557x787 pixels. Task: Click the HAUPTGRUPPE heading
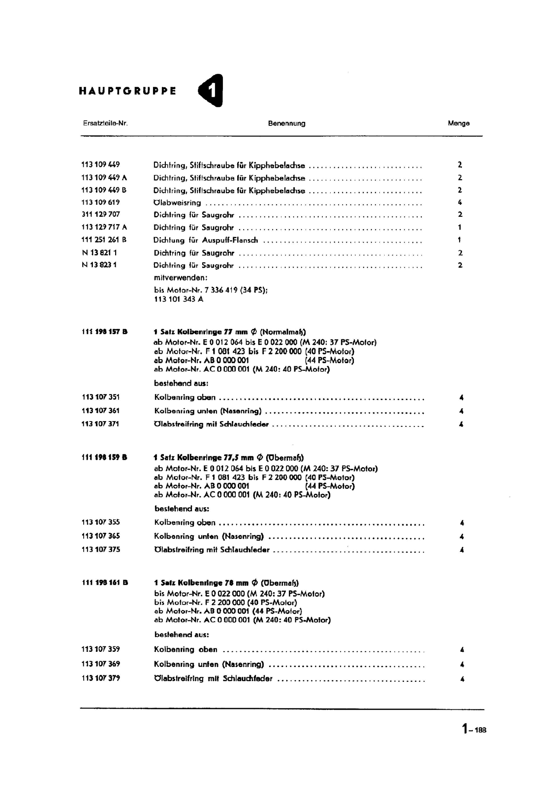[127, 91]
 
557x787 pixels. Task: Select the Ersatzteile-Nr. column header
[105, 123]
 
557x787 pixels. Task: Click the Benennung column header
[286, 123]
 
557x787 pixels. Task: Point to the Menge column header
[459, 123]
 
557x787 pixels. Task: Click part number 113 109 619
[100, 202]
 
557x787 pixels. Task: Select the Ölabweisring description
[177, 203]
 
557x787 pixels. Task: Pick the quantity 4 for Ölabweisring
[460, 202]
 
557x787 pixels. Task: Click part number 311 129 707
[100, 214]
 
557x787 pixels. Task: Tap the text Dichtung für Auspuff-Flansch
[205, 240]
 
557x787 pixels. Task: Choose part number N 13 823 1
[99, 265]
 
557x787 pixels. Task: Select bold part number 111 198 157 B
[104, 332]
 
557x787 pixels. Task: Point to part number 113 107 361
[100, 411]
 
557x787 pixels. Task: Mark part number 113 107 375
[100, 549]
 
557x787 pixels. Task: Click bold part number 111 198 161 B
[105, 582]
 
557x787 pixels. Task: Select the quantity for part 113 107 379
[462, 679]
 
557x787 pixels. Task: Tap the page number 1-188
[474, 729]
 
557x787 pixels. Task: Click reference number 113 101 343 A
[179, 299]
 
